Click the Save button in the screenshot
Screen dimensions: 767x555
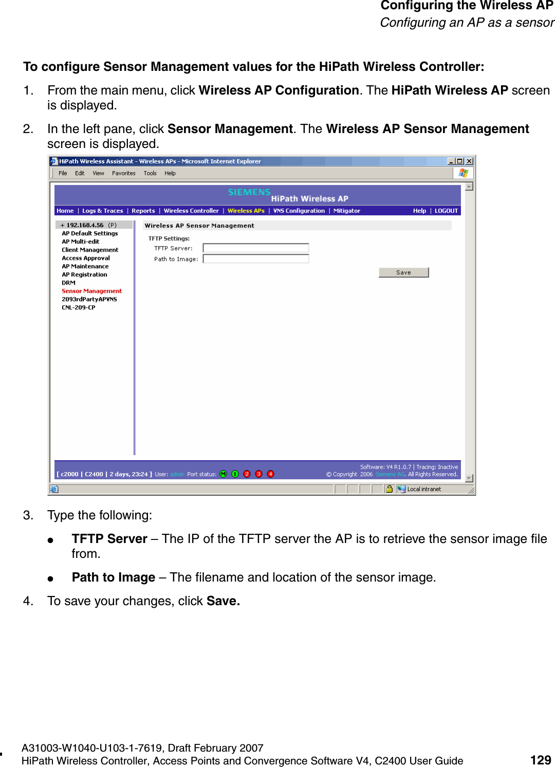(x=403, y=272)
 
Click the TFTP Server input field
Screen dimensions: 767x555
(x=256, y=248)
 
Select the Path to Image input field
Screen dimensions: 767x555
(x=256, y=259)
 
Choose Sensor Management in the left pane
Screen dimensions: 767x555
(x=91, y=291)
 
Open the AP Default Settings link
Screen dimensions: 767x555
(x=90, y=233)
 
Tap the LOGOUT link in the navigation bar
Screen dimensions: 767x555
(x=446, y=211)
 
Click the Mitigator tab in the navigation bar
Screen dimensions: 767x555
(x=346, y=211)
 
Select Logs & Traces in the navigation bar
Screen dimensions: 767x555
(x=102, y=211)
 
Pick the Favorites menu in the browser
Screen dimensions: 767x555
(x=123, y=173)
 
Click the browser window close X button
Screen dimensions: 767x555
(x=469, y=161)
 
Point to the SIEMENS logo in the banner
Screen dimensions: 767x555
(x=249, y=192)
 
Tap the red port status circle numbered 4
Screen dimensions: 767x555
(x=270, y=474)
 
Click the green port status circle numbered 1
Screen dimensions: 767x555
(x=235, y=474)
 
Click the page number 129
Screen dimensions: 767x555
(x=541, y=760)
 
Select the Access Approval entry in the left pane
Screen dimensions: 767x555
(x=86, y=258)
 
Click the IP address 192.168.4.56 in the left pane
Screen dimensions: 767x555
(x=85, y=225)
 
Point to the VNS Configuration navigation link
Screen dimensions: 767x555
(x=299, y=211)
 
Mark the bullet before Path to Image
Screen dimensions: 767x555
(x=50, y=578)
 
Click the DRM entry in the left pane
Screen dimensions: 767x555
(x=68, y=283)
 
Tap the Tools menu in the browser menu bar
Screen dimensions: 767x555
(x=150, y=173)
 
